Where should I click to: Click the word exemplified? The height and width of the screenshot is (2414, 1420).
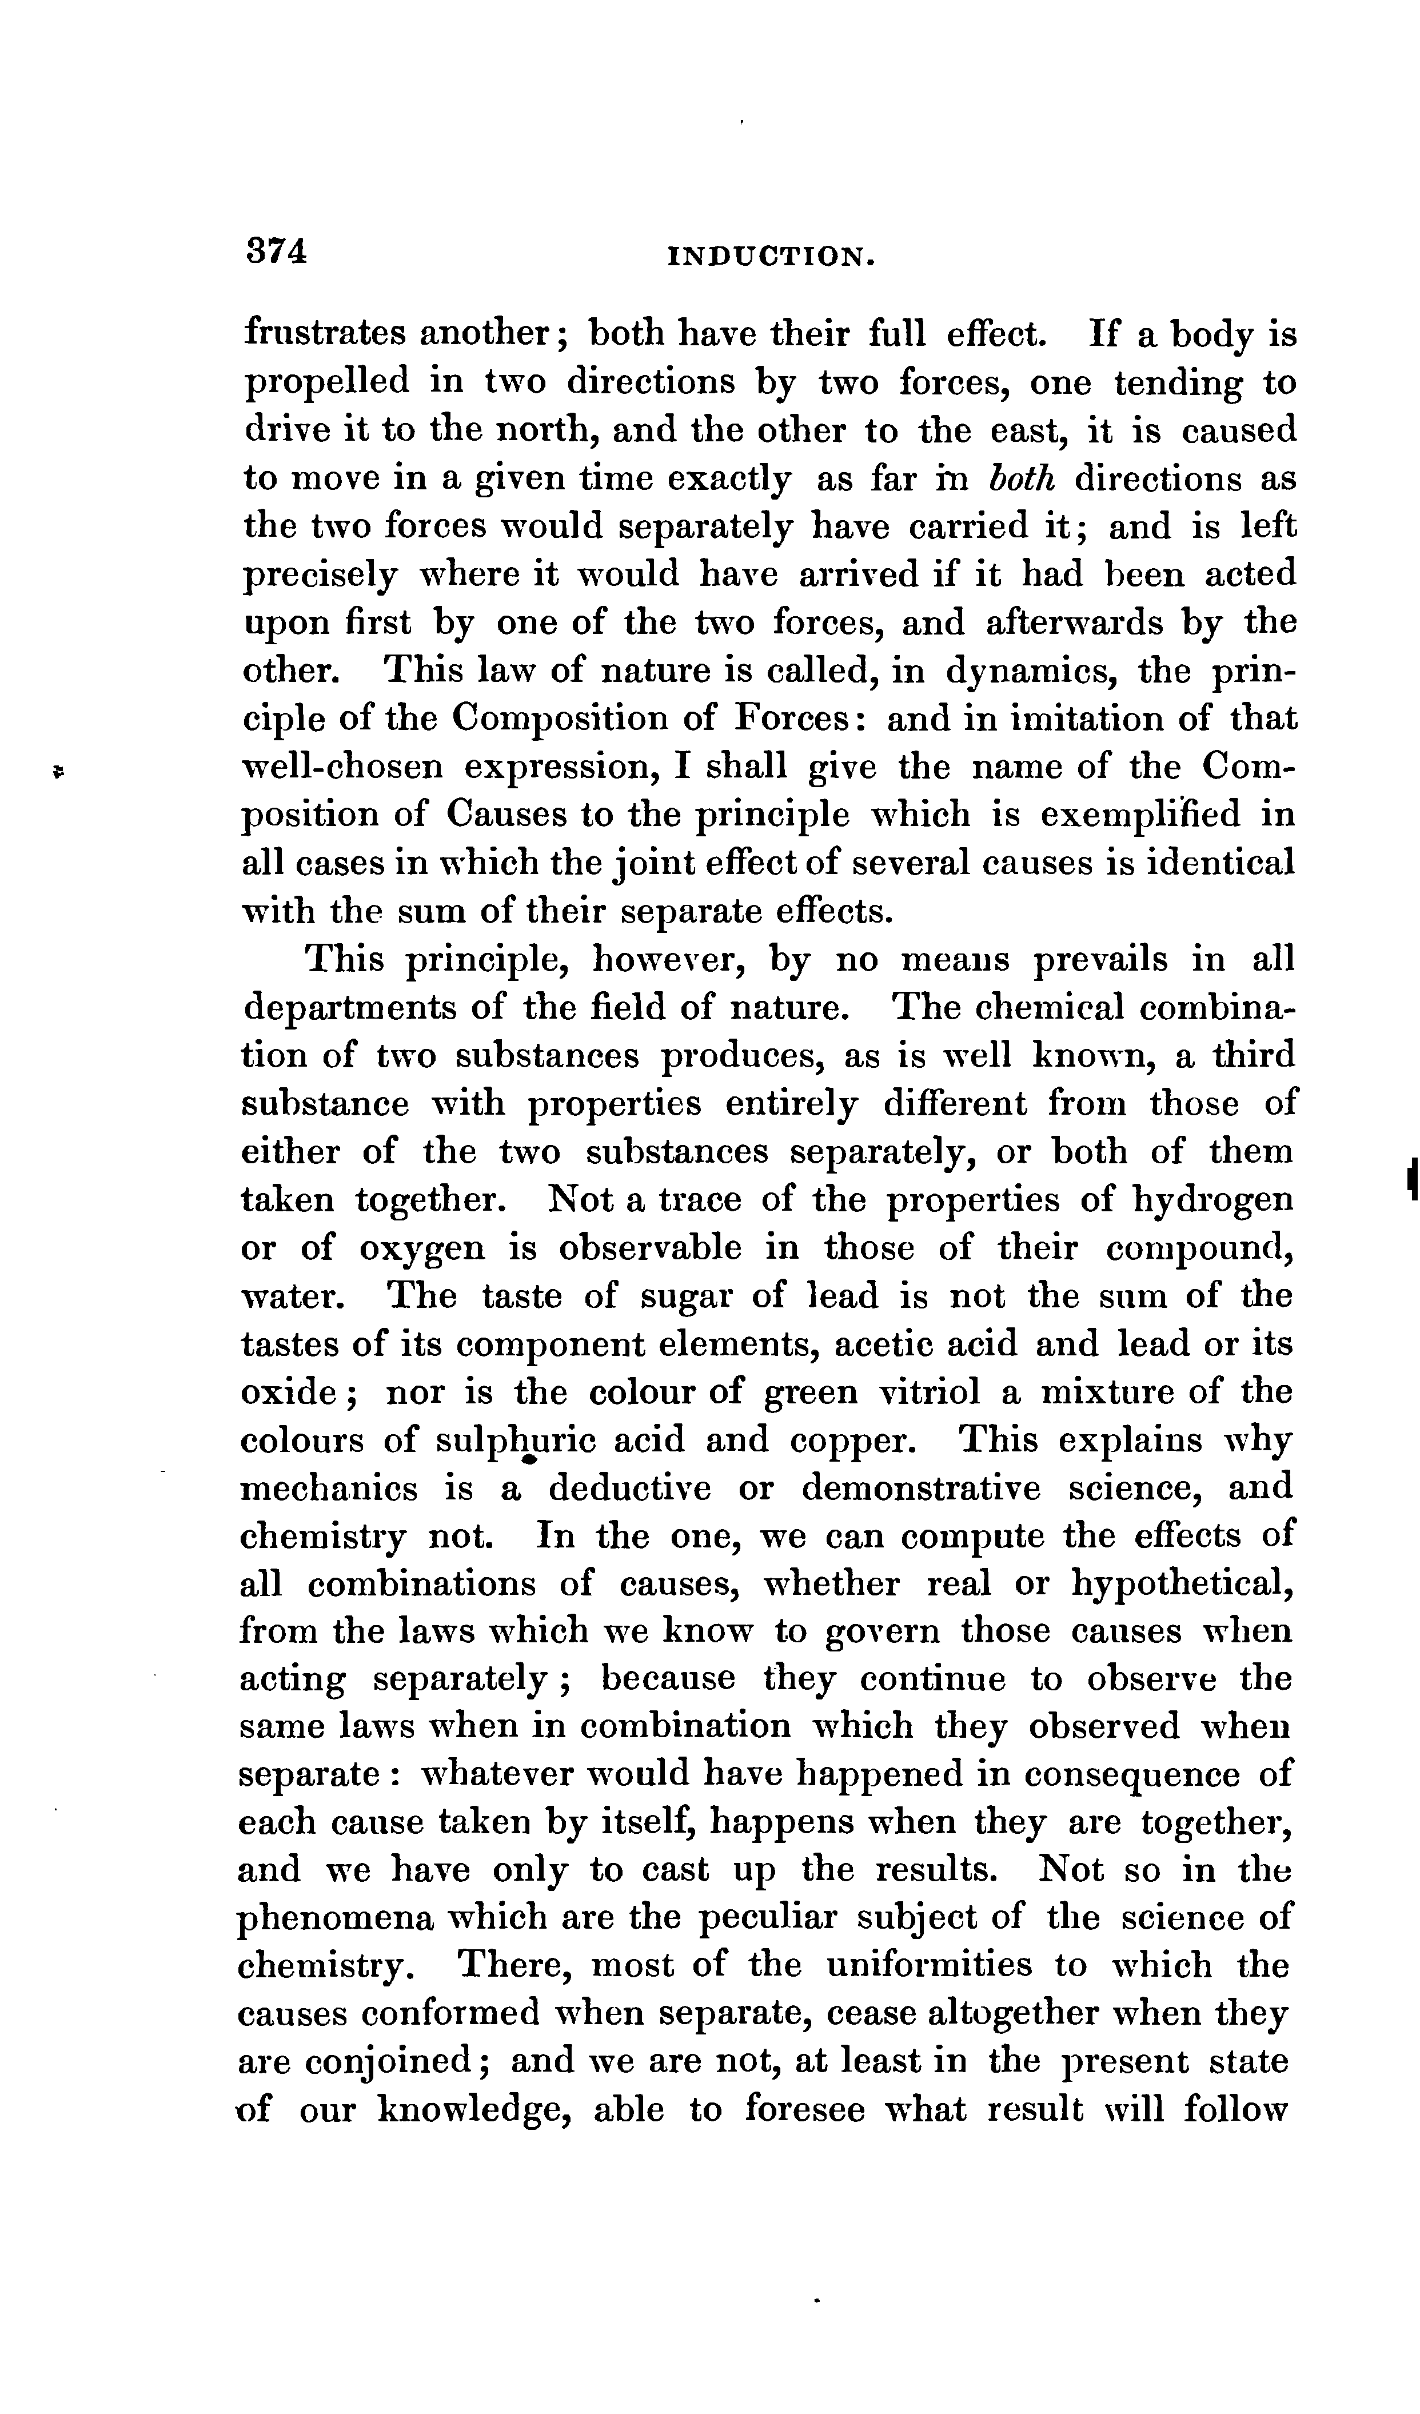1138,814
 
